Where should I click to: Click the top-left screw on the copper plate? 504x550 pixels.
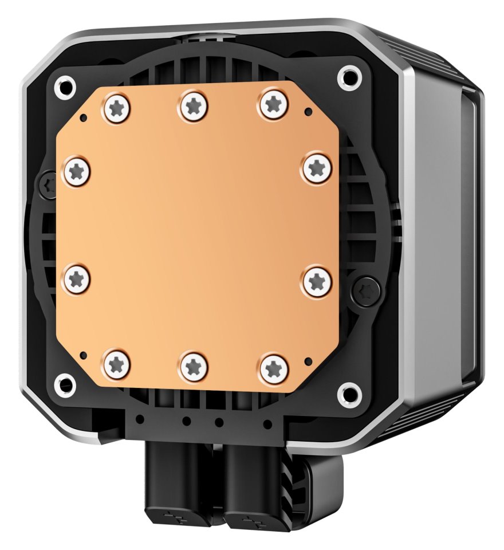pyautogui.click(x=116, y=109)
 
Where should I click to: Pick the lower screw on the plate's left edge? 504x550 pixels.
pyautogui.click(x=76, y=280)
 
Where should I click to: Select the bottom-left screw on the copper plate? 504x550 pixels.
pyautogui.click(x=117, y=363)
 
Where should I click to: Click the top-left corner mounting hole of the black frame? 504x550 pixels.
pyautogui.click(x=63, y=87)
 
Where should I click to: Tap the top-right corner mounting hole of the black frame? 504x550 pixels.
pyautogui.click(x=348, y=76)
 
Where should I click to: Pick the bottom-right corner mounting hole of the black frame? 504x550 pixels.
pyautogui.click(x=346, y=392)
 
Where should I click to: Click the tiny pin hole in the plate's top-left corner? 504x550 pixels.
pyautogui.click(x=84, y=118)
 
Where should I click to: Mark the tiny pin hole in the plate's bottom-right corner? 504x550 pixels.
pyautogui.click(x=310, y=361)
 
